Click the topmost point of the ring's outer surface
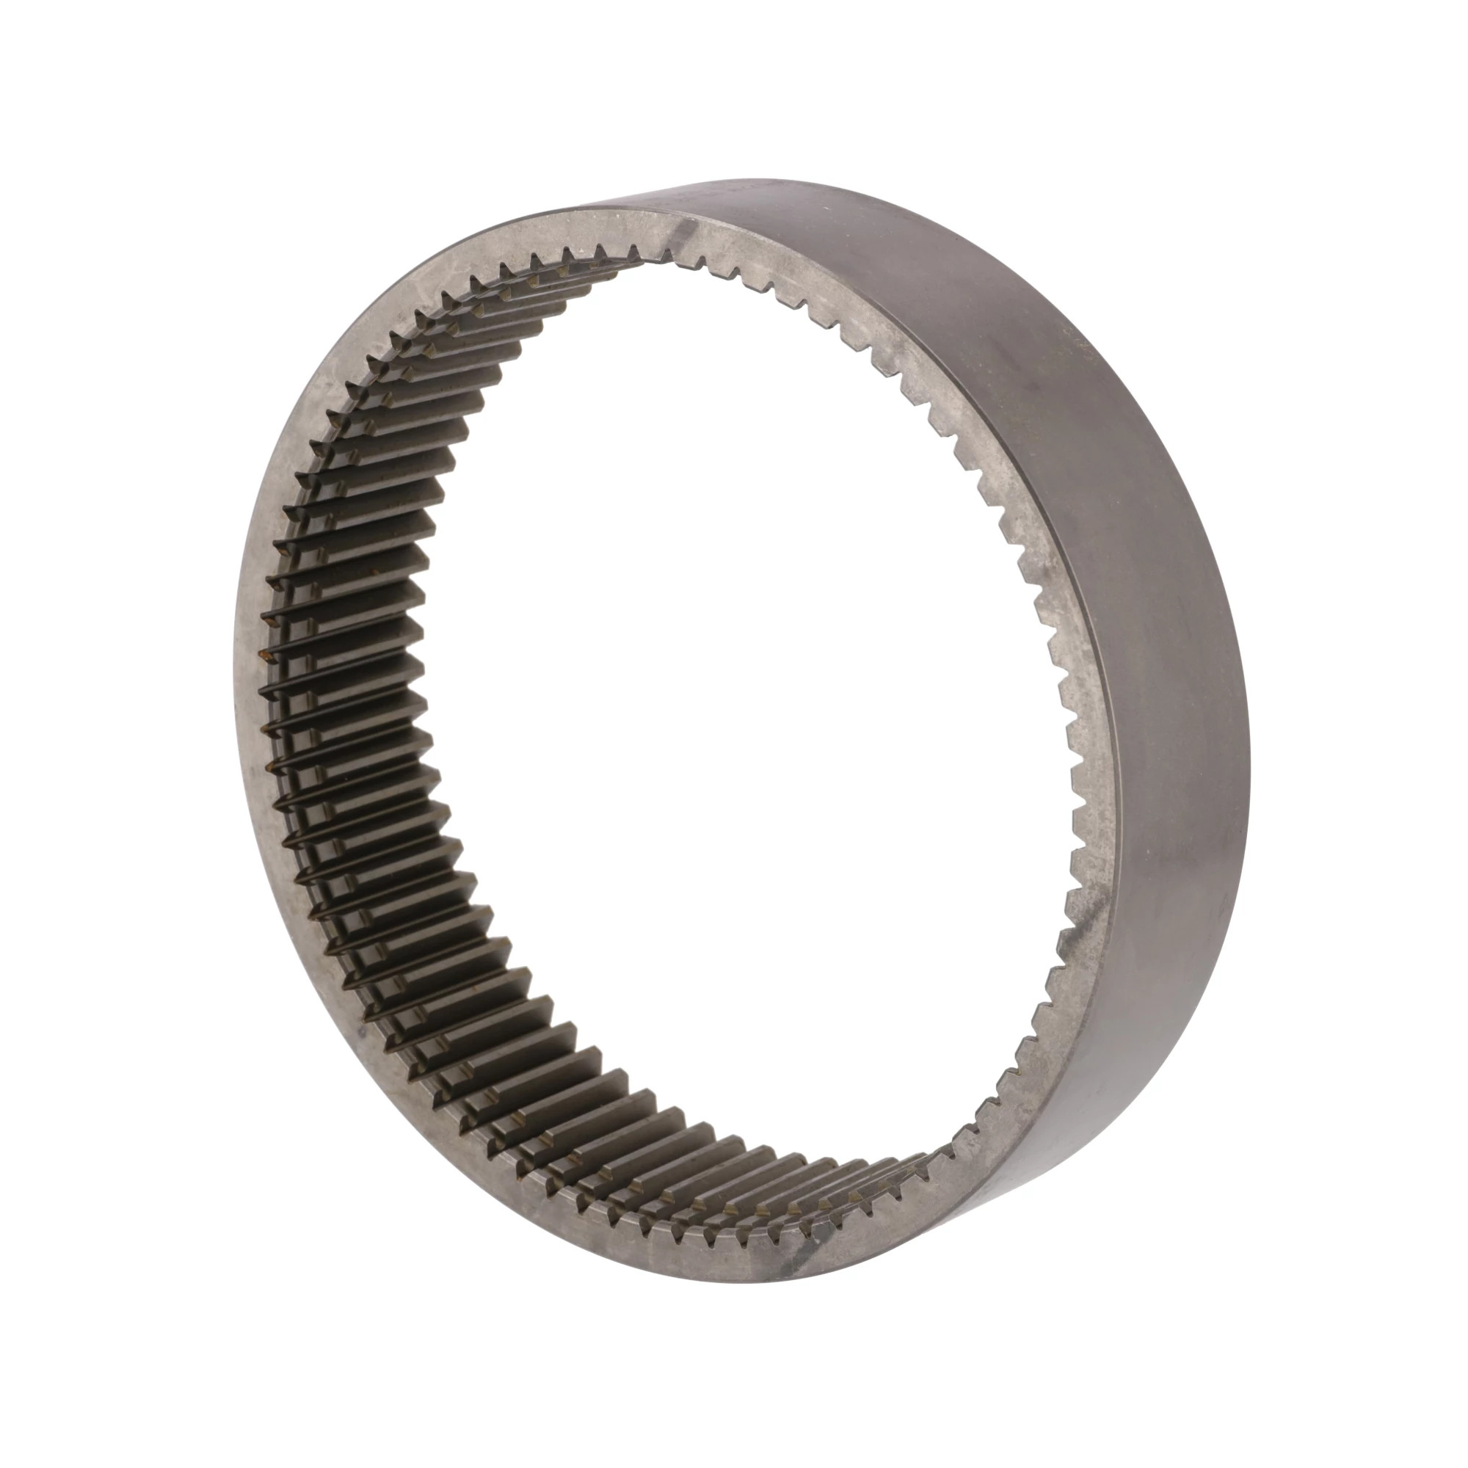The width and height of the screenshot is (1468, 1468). click(x=798, y=180)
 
